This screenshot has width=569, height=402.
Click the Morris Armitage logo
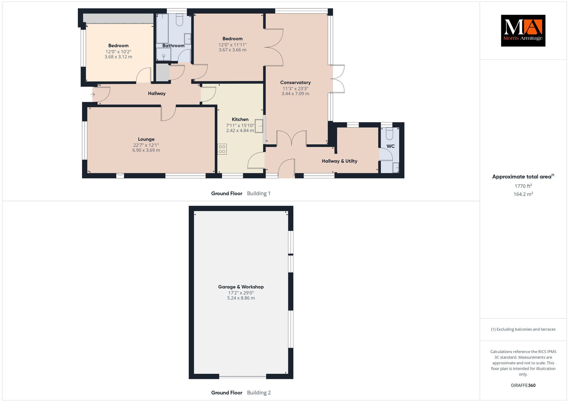pyautogui.click(x=523, y=31)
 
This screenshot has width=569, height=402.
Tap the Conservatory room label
pyautogui.click(x=295, y=82)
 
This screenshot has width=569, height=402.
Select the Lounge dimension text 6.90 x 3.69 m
pyautogui.click(x=146, y=150)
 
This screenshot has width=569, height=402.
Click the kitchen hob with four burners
pyautogui.click(x=222, y=149)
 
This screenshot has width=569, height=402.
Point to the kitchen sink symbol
pyautogui.click(x=259, y=126)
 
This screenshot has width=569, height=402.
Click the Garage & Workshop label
pyautogui.click(x=241, y=287)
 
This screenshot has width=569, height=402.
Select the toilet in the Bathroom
pyautogui.click(x=179, y=20)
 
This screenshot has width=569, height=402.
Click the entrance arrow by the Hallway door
pyautogui.click(x=93, y=95)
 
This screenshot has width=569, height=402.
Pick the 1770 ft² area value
pyautogui.click(x=523, y=186)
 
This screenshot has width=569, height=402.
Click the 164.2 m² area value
pyautogui.click(x=523, y=194)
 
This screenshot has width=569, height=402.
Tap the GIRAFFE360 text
pyautogui.click(x=523, y=385)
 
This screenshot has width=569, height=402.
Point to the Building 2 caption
pyautogui.click(x=259, y=393)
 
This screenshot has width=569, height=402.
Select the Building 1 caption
pyautogui.click(x=259, y=194)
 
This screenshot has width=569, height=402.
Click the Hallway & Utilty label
pyautogui.click(x=340, y=161)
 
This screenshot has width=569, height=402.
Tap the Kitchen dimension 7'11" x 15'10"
pyautogui.click(x=240, y=125)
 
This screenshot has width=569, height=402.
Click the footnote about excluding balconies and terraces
pyautogui.click(x=523, y=329)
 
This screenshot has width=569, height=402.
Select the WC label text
pyautogui.click(x=391, y=146)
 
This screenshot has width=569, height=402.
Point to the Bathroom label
pyautogui.click(x=173, y=46)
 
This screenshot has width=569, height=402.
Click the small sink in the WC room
pyautogui.click(x=396, y=168)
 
